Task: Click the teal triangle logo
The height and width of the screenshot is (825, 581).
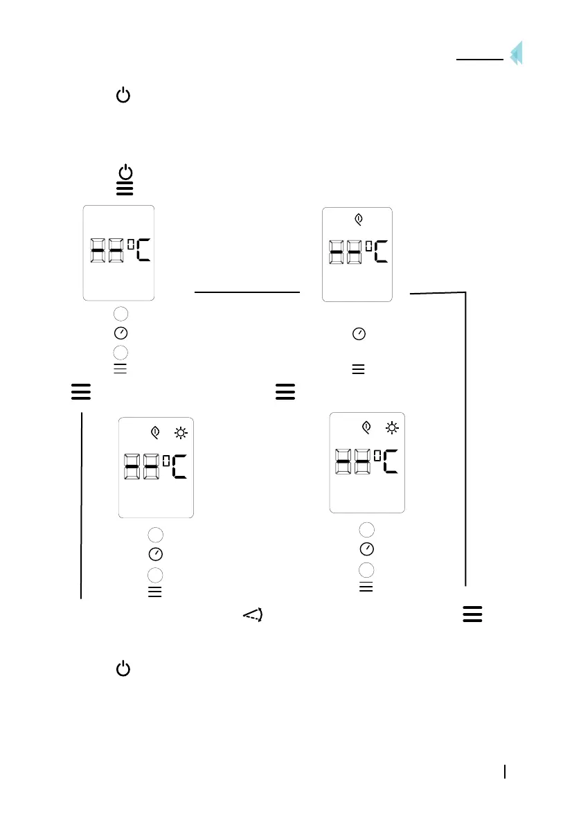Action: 516,53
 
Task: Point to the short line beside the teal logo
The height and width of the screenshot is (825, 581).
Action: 479,60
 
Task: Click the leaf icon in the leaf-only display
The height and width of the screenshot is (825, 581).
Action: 358,220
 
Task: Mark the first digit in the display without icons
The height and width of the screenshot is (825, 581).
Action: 98,250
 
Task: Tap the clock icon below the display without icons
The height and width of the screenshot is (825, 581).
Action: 120,332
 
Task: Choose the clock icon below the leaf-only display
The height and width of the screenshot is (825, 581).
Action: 359,334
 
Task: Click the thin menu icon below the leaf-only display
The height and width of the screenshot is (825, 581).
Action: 358,370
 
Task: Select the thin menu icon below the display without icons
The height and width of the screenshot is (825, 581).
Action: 120,369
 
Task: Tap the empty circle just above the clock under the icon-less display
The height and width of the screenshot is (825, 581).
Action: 120,313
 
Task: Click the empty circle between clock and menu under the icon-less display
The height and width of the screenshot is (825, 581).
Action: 120,351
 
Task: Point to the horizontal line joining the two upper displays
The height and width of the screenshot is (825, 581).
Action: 247,292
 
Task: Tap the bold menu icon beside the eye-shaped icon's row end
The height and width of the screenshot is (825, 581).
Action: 472,614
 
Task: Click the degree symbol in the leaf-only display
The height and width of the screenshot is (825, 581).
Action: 365,243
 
